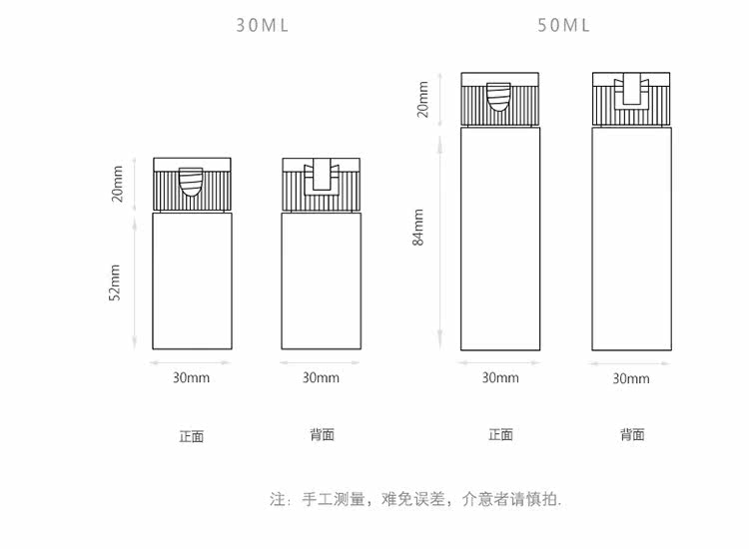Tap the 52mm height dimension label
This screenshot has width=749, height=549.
click(x=116, y=281)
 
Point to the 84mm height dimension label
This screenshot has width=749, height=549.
click(x=419, y=227)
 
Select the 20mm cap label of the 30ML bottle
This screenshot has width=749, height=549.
click(x=117, y=185)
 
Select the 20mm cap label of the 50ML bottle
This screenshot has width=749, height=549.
click(x=422, y=99)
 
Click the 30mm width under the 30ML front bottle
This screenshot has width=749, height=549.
click(x=191, y=378)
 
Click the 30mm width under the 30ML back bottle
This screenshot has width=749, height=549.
click(x=321, y=378)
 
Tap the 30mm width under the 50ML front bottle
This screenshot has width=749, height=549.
click(x=500, y=378)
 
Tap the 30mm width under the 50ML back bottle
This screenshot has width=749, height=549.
click(x=630, y=379)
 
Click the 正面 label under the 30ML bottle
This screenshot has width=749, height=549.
click(x=191, y=436)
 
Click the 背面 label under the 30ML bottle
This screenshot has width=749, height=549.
click(x=322, y=434)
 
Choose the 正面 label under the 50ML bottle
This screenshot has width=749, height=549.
click(x=500, y=434)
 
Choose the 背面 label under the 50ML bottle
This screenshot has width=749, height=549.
click(x=631, y=434)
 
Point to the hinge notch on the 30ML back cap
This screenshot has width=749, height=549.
click(x=321, y=176)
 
